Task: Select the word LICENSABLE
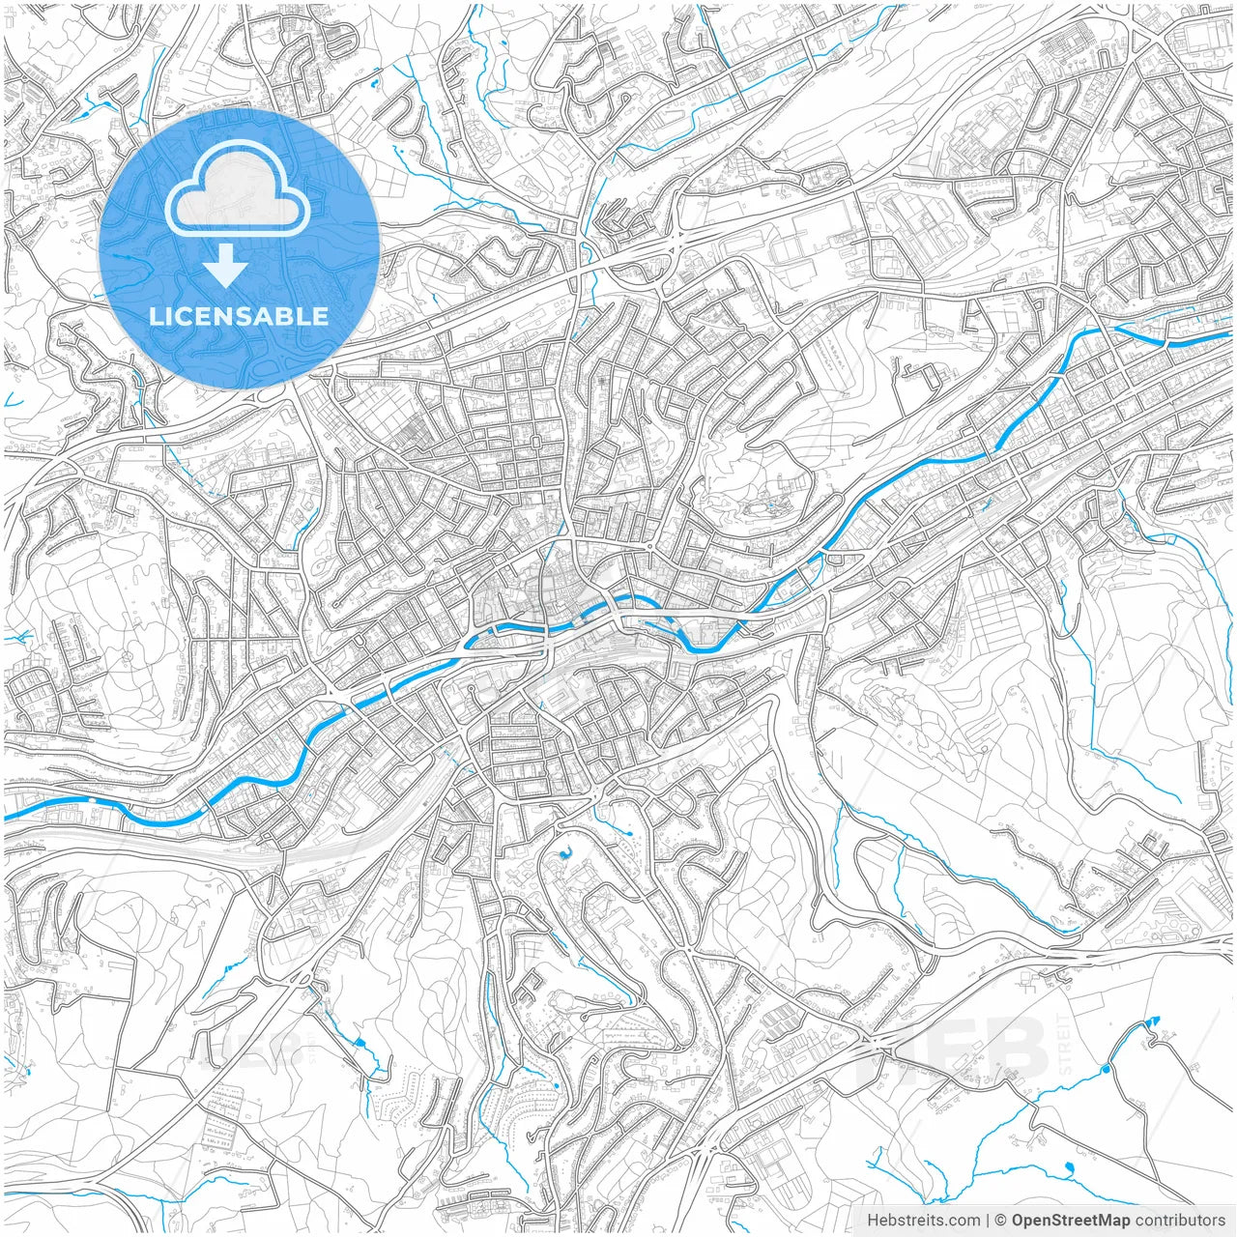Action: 239,316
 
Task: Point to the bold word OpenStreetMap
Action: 1071,1221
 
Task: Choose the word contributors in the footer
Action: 1180,1221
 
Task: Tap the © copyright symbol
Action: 1001,1221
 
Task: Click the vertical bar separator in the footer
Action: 988,1221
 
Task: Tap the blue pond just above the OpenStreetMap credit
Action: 1069,1169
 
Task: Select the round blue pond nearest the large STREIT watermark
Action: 1105,1070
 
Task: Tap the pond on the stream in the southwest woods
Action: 359,1044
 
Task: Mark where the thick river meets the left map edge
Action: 6,819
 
